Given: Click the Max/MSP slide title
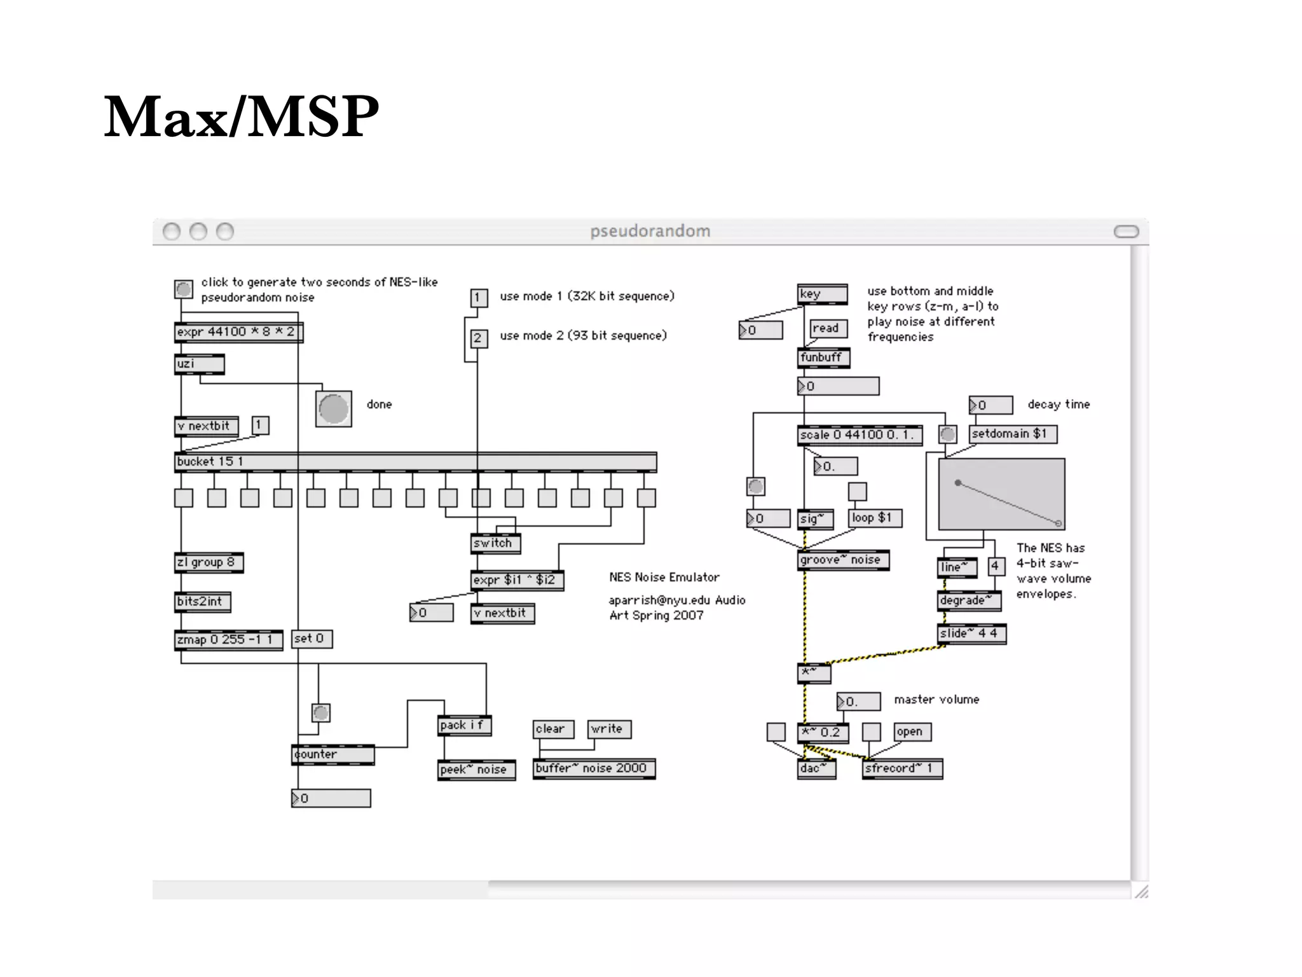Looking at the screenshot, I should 241,117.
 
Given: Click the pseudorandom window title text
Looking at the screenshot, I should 650,231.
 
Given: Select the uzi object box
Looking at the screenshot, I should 199,364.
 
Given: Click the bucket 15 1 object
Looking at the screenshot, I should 415,462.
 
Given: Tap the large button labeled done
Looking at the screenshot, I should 334,408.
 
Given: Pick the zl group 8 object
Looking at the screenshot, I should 209,562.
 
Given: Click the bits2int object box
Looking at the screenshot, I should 202,602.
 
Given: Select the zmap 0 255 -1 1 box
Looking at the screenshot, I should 228,639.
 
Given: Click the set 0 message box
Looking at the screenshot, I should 312,639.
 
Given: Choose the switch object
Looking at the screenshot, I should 495,543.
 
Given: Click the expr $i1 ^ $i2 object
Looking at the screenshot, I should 517,580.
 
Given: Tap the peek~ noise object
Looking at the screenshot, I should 476,770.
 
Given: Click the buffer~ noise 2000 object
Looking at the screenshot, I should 594,768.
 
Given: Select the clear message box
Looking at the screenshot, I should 552,729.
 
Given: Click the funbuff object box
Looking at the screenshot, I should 823,357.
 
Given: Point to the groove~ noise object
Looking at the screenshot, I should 843,560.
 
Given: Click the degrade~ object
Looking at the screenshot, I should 969,600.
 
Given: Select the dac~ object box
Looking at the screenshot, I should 816,768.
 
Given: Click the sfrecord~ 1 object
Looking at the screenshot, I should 901,768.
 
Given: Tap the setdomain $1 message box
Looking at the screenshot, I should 1012,434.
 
